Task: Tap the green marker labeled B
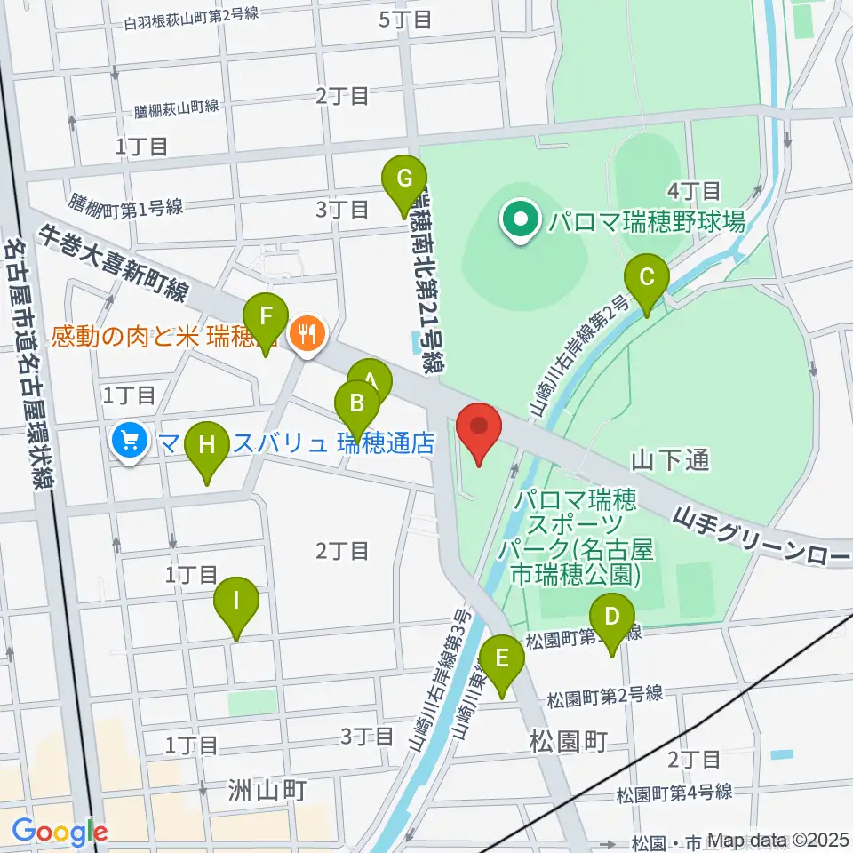coord(357,404)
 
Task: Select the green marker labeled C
coord(647,278)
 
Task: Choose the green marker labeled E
coord(502,660)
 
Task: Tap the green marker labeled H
coord(207,445)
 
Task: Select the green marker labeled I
coord(236,602)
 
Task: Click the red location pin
coord(480,426)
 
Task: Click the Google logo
coord(60,832)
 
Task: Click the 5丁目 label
coord(405,19)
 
